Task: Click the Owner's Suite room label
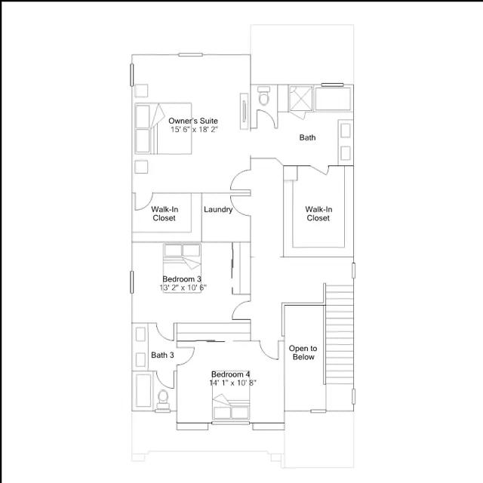(x=193, y=121)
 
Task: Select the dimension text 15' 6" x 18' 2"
(x=195, y=129)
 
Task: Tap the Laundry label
(x=218, y=210)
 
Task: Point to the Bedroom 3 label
(x=182, y=279)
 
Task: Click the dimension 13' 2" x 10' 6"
(x=183, y=288)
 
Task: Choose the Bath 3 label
(x=162, y=355)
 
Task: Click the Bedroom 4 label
(x=231, y=374)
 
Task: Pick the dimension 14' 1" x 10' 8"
(x=233, y=383)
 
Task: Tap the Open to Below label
(x=303, y=352)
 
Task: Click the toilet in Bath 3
(x=162, y=400)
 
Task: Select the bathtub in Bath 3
(x=143, y=391)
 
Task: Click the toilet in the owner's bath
(x=263, y=96)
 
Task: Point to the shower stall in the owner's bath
(x=300, y=98)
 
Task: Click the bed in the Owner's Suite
(x=163, y=128)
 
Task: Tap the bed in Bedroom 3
(x=182, y=267)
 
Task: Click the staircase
(x=340, y=334)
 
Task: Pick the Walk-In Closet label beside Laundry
(x=165, y=214)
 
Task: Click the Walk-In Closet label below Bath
(x=318, y=214)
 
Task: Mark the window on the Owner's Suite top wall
(x=191, y=55)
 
